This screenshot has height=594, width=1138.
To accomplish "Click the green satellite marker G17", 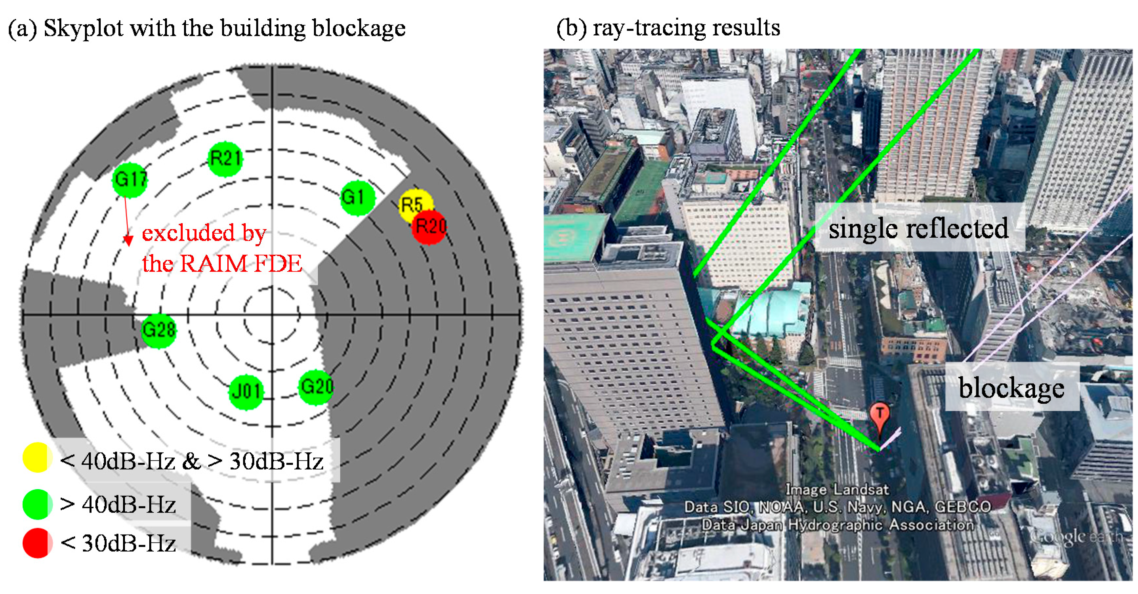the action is coord(130,180).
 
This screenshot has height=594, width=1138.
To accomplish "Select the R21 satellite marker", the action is coord(225,159).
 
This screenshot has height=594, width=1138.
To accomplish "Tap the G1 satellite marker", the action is coord(357,198).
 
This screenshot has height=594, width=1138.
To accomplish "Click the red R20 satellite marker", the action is coord(429,227).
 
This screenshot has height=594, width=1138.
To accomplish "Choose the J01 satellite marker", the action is coord(246,392).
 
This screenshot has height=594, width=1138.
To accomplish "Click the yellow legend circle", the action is coord(37,458).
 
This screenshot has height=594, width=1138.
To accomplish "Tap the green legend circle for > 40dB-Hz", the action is coord(37,504).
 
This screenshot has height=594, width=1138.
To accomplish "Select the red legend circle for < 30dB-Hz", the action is coord(37,543).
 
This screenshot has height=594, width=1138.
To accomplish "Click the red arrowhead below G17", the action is coord(128,241).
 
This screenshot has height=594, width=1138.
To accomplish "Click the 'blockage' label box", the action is coord(1011,388).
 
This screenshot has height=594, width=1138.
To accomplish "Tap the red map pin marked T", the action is coord(879,415).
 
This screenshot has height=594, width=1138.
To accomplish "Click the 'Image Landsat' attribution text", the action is coord(837,489).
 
